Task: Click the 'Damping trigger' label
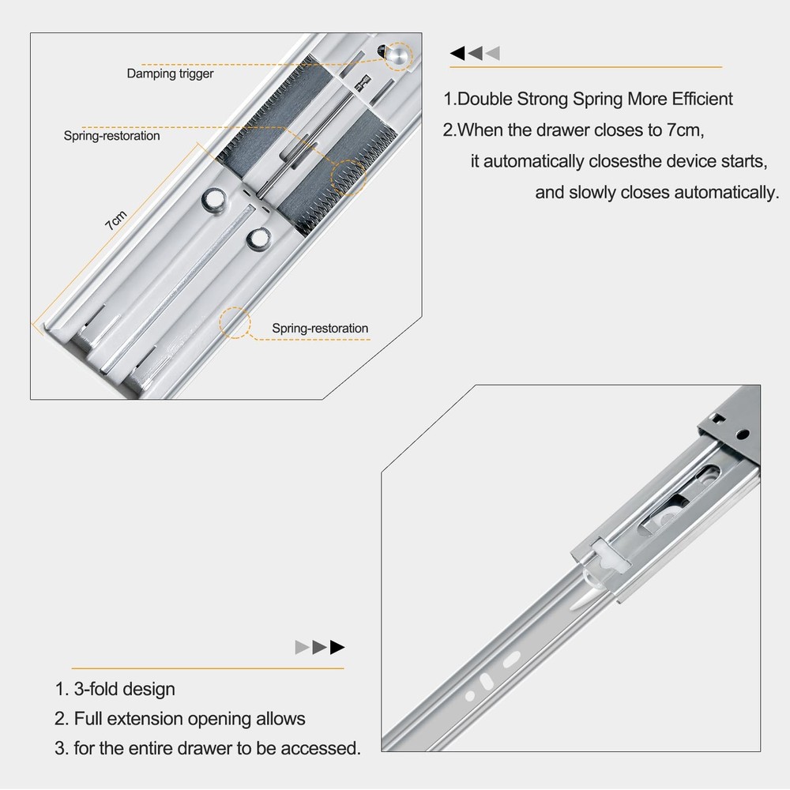[170, 74]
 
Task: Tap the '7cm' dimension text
[116, 220]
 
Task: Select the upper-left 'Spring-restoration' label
[111, 136]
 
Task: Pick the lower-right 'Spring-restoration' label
[320, 329]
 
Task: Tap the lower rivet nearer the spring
[258, 239]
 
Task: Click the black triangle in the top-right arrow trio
[457, 53]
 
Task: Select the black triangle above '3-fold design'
[337, 647]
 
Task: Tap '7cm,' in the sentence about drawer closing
[685, 130]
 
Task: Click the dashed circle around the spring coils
[348, 177]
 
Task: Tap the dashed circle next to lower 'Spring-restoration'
[235, 322]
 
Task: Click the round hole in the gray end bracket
[742, 434]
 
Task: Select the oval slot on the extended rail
[511, 660]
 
